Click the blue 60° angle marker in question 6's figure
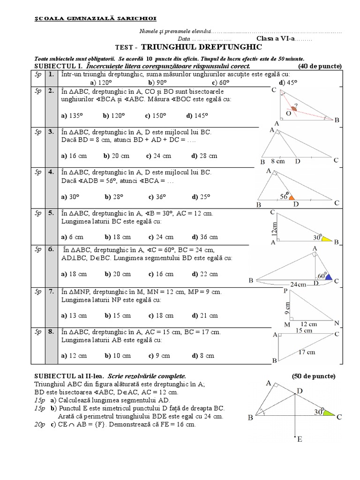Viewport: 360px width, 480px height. pyautogui.click(x=329, y=277)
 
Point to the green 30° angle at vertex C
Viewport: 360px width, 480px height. pyautogui.click(x=329, y=413)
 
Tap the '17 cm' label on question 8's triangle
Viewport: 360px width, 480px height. pyautogui.click(x=307, y=352)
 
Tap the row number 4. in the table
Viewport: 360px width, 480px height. pyautogui.click(x=51, y=172)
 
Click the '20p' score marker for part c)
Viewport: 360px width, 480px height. pyautogui.click(x=41, y=424)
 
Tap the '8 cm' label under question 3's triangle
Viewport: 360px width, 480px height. pyautogui.click(x=278, y=161)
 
